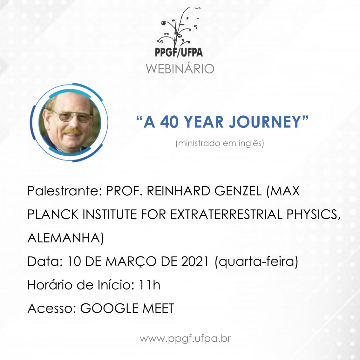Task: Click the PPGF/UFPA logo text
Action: pos(179,52)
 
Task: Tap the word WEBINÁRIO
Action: pos(180,68)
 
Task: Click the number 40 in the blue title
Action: pos(169,122)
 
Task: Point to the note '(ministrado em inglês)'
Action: pos(220,143)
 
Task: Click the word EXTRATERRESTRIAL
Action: pos(226,214)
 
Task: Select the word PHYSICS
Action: pos(313,214)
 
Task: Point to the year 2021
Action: pos(195,261)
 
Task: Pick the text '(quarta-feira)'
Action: pos(256,262)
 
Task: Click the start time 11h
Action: pos(149,285)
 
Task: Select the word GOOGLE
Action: pos(109,308)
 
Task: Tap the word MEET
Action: pos(159,308)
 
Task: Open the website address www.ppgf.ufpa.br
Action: pos(185,339)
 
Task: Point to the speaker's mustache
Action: pos(71,132)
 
